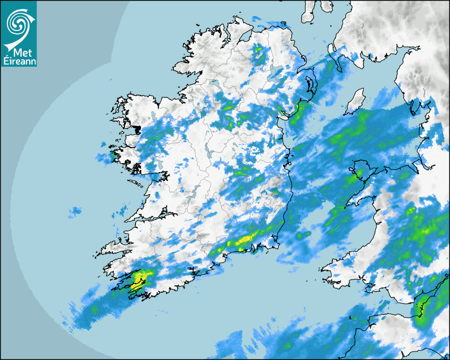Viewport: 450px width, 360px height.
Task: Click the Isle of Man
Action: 355,101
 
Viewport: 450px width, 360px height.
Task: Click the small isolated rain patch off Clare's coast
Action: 75,212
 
